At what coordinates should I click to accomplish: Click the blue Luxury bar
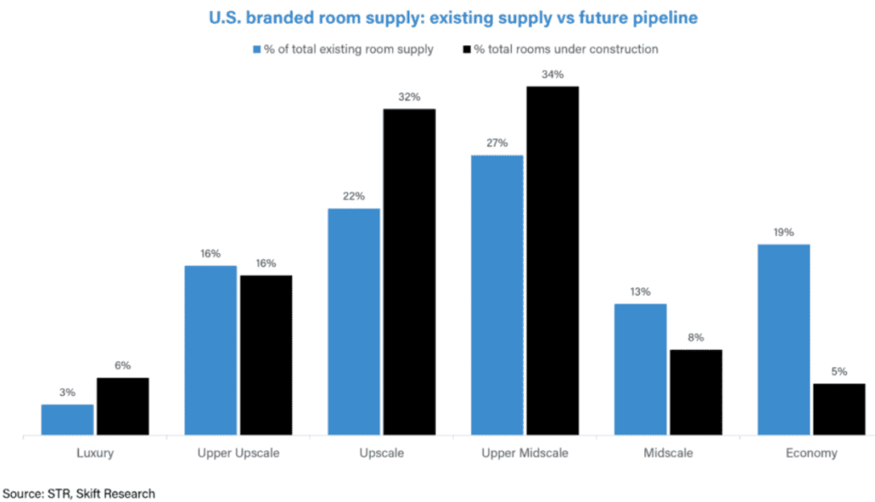coord(68,420)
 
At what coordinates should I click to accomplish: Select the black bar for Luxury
coord(122,407)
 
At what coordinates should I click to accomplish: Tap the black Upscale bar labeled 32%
coord(409,272)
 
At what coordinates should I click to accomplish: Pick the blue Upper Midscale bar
coord(497,295)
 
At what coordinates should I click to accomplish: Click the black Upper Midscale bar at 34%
coord(552,261)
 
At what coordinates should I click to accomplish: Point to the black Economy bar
coord(839,410)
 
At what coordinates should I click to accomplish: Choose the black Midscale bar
coord(696,393)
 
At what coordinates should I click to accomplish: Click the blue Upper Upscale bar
coord(211,351)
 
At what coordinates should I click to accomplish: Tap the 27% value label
coord(497,143)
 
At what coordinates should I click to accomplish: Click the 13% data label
coord(641,292)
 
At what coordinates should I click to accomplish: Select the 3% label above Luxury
coord(68,393)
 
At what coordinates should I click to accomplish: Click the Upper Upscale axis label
coord(238,453)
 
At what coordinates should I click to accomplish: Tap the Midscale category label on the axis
coord(668,453)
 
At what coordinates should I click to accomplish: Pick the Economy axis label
coord(812,453)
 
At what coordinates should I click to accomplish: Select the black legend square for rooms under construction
coord(467,49)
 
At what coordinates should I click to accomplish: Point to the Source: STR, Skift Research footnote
coord(79,493)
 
